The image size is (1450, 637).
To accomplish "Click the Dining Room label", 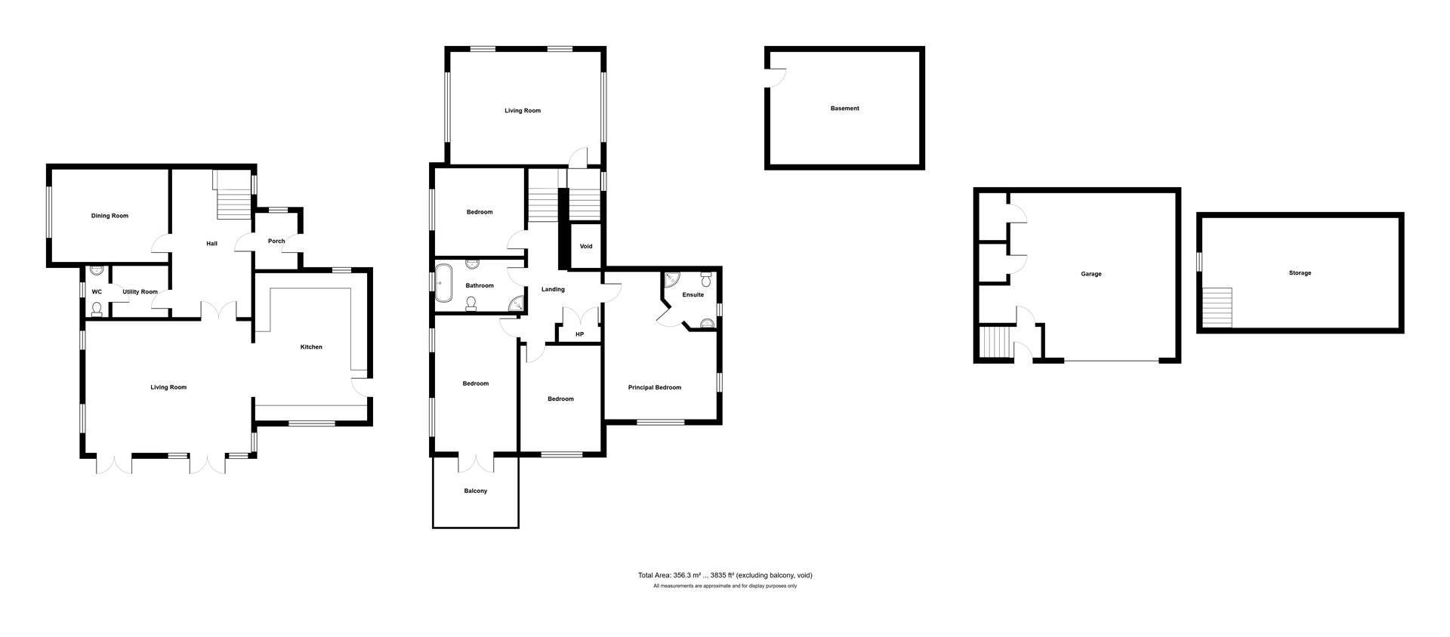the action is tap(110, 216).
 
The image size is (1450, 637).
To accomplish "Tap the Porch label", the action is tap(276, 242).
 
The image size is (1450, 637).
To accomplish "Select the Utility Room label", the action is tap(140, 292).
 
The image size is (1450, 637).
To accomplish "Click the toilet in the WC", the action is tap(96, 309).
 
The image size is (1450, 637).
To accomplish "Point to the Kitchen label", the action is tap(311, 347).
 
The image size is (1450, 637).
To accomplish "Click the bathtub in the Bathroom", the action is tap(443, 282).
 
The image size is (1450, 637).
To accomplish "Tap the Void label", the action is tap(586, 247).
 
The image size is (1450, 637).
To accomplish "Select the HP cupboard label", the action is tap(580, 334).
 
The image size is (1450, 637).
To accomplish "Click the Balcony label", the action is tap(476, 491).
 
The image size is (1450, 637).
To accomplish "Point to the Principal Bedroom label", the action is tap(655, 388).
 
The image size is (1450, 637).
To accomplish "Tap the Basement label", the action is tap(845, 109).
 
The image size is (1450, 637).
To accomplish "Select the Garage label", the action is tap(1091, 274).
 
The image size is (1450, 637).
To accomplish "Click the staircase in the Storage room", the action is tap(1217, 307).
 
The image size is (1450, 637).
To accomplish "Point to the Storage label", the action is tap(1300, 273).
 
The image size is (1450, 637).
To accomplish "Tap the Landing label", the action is tap(553, 290).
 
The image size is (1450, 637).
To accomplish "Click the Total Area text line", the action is tap(725, 575).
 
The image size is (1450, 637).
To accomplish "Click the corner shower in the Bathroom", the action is tap(517, 304).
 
